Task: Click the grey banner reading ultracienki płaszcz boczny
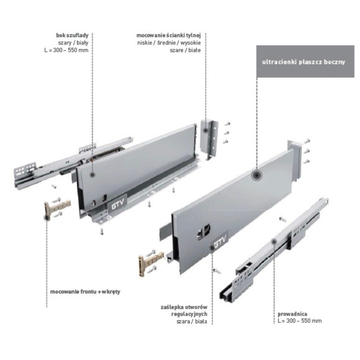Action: click(305, 61)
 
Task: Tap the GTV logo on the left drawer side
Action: click(117, 203)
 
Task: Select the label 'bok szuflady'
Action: click(72, 35)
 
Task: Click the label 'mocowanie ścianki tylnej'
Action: click(168, 35)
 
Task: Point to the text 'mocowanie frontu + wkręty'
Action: click(85, 292)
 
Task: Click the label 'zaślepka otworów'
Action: click(184, 307)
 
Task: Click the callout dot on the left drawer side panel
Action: click(92, 174)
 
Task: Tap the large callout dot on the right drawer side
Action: click(256, 175)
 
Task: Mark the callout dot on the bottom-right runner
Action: click(274, 241)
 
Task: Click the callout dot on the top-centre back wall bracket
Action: click(205, 130)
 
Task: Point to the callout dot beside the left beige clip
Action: click(46, 217)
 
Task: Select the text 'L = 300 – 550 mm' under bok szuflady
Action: click(66, 50)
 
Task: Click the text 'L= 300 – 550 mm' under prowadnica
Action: click(299, 320)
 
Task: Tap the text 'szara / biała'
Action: click(191, 321)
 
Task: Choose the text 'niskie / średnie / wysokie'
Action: click(169, 42)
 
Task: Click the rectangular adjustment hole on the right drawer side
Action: click(203, 230)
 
